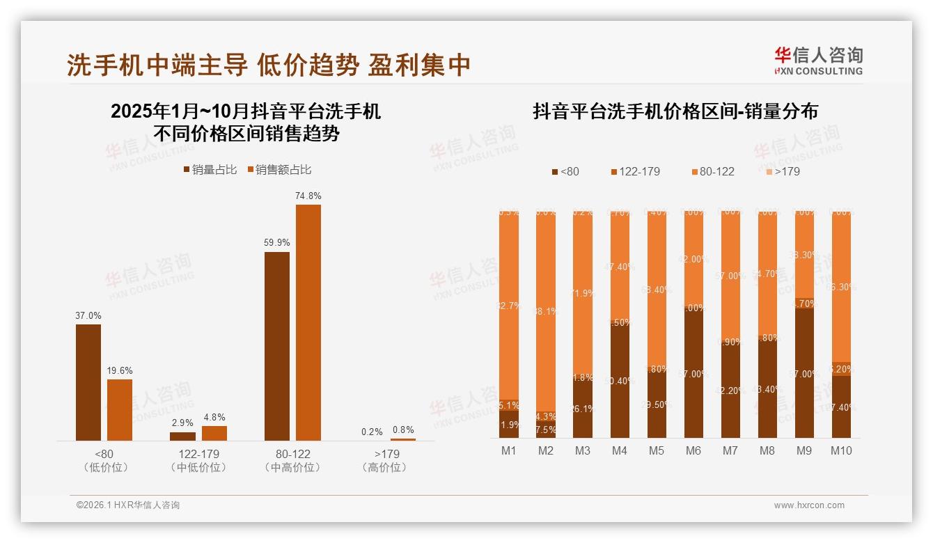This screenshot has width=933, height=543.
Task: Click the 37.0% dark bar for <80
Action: click(88, 382)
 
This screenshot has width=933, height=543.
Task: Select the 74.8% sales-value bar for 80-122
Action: click(308, 322)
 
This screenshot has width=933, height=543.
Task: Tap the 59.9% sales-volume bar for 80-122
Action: click(277, 346)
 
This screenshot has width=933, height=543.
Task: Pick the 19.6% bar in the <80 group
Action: click(120, 409)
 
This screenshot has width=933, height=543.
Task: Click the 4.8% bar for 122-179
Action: click(214, 433)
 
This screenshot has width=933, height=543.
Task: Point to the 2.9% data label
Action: click(182, 423)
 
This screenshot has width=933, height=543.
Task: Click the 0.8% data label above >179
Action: click(402, 430)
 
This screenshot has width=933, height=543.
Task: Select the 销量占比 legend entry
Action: click(210, 169)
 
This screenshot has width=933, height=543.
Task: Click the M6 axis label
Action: click(693, 450)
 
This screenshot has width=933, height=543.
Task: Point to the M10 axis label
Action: click(841, 450)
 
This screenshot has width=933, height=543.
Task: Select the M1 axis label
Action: click(509, 450)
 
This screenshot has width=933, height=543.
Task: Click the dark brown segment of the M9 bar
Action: click(804, 372)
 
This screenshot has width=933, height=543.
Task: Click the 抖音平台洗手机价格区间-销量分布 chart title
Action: click(675, 111)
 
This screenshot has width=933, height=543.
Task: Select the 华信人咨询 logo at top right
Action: click(818, 61)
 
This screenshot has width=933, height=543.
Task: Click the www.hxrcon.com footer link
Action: click(809, 505)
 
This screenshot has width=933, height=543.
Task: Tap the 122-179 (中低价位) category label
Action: click(198, 461)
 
